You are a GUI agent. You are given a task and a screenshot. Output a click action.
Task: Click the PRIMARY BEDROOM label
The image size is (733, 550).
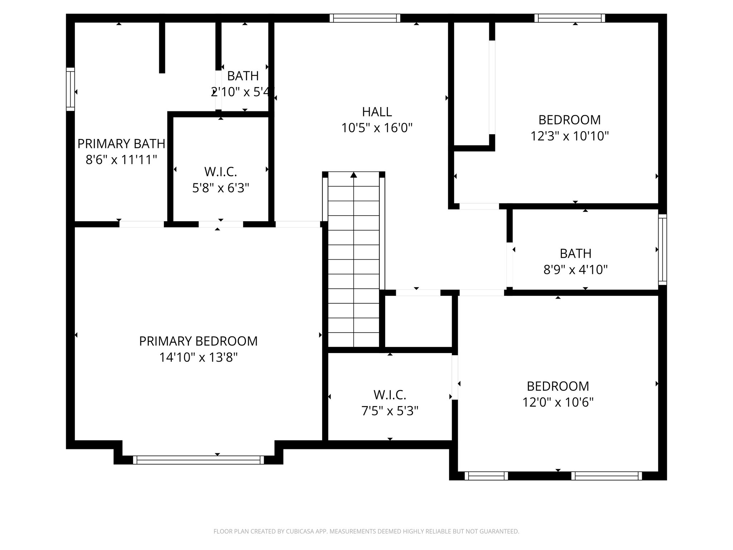(x=198, y=341)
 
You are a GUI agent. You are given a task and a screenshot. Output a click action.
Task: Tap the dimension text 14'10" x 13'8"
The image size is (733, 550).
(x=198, y=357)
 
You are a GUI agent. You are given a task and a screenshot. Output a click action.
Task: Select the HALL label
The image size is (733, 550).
(x=377, y=112)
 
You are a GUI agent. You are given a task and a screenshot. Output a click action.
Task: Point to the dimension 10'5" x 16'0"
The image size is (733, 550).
(x=377, y=128)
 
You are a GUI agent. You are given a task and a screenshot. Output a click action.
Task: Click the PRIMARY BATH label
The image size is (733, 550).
(x=121, y=144)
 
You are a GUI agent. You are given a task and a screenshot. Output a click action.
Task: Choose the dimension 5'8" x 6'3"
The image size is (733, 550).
(x=220, y=188)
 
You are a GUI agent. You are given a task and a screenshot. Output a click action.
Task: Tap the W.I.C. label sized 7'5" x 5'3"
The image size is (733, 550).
(x=390, y=395)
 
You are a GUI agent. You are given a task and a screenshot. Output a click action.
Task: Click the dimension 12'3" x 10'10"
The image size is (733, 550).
(x=569, y=136)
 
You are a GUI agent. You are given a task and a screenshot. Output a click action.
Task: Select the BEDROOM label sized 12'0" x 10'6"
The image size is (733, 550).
(x=558, y=386)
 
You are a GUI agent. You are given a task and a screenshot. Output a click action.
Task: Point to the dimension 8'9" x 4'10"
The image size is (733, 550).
(x=576, y=269)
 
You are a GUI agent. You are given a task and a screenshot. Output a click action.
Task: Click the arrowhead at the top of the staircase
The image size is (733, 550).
(x=354, y=175)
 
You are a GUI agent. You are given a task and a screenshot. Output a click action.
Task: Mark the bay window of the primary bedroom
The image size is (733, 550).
(x=198, y=460)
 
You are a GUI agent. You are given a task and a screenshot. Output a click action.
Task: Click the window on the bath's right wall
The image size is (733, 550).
(x=662, y=250)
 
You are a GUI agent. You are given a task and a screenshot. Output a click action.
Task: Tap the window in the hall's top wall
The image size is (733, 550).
(x=365, y=18)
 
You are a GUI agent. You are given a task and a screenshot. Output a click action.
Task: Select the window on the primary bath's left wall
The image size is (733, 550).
(x=71, y=89)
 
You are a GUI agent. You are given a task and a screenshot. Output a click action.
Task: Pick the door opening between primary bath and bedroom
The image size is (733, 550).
(x=142, y=224)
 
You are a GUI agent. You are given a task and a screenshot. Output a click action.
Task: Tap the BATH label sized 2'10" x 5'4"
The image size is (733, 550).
(x=243, y=76)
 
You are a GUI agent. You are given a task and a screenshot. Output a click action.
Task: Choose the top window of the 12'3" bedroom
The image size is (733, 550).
(x=570, y=18)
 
